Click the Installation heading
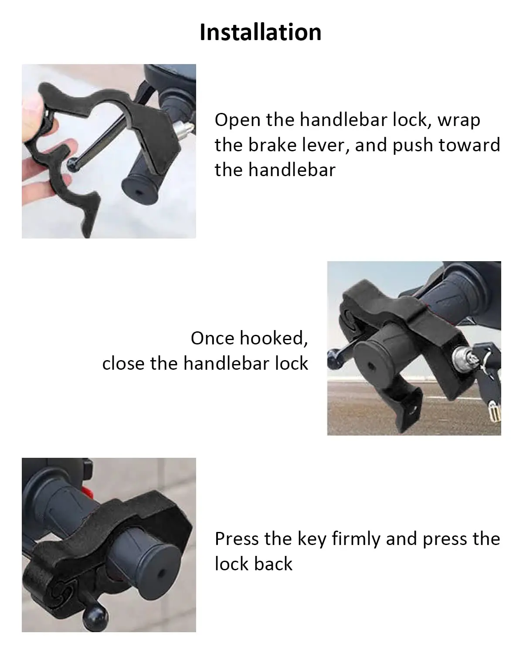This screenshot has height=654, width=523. (x=261, y=32)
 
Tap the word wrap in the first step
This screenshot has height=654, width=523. (x=458, y=120)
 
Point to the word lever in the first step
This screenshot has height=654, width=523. (x=323, y=145)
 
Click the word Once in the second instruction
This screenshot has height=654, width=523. (x=212, y=338)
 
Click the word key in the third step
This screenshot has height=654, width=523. (x=312, y=539)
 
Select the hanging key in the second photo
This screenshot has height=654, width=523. (x=493, y=410)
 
